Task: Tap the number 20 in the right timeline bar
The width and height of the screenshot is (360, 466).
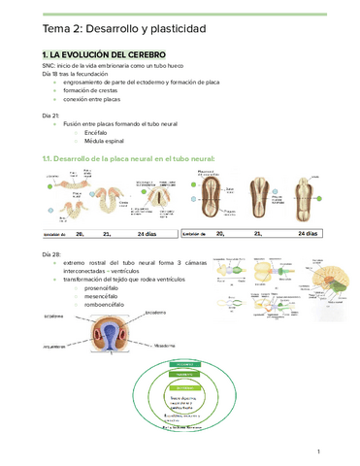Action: click(221, 234)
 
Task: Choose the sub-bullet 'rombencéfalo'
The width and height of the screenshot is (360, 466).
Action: click(106, 311)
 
